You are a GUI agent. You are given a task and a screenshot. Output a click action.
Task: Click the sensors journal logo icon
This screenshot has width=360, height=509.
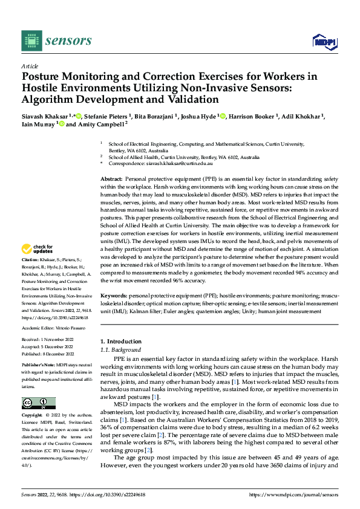pyautogui.click(x=31, y=41)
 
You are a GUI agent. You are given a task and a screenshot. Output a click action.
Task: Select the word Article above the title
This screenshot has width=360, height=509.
pyautogui.click(x=30, y=66)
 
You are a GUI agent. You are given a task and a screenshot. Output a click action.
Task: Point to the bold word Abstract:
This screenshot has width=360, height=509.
pyautogui.click(x=111, y=180)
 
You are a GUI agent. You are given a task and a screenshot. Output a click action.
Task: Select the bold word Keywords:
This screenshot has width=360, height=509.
pyautogui.click(x=114, y=295)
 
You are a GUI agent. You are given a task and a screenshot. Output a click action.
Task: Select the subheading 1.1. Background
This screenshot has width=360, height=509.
pyautogui.click(x=121, y=349)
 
